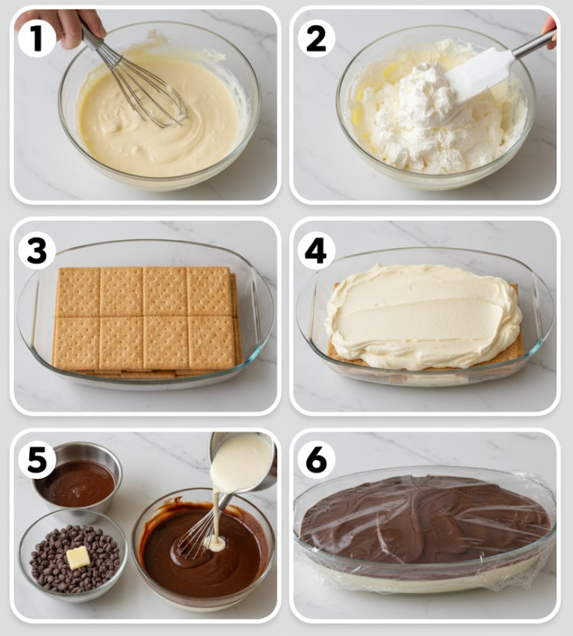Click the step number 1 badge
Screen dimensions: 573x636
(x=37, y=38)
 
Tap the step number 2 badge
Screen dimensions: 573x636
(x=316, y=38)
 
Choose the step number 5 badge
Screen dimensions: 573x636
(x=37, y=459)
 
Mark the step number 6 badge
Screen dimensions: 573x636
(x=316, y=460)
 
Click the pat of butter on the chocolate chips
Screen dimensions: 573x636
(x=78, y=557)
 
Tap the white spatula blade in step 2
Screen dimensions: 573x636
(x=480, y=74)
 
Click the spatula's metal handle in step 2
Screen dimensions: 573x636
(x=534, y=44)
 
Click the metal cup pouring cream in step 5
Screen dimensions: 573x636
(x=244, y=461)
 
